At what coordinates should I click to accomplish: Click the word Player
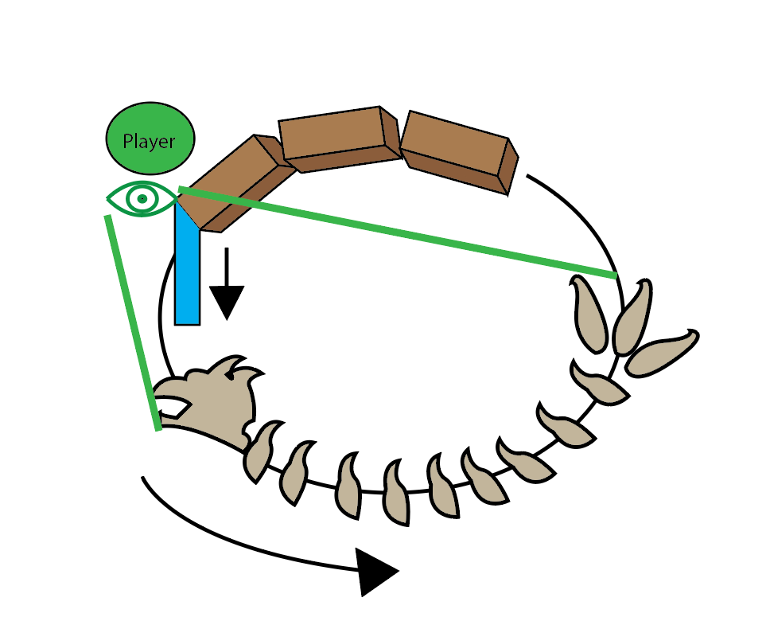coord(149,142)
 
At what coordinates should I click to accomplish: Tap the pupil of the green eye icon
coord(142,198)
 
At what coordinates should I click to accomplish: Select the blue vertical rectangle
coord(187,271)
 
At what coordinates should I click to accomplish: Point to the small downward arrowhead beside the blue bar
coord(227,303)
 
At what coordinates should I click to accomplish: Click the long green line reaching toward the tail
coord(398,232)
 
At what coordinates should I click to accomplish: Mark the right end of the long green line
coord(615,275)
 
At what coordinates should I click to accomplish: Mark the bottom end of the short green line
coord(158,428)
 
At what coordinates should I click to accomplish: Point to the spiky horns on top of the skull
coord(239,368)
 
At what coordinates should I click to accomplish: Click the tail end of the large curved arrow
coord(144,479)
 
